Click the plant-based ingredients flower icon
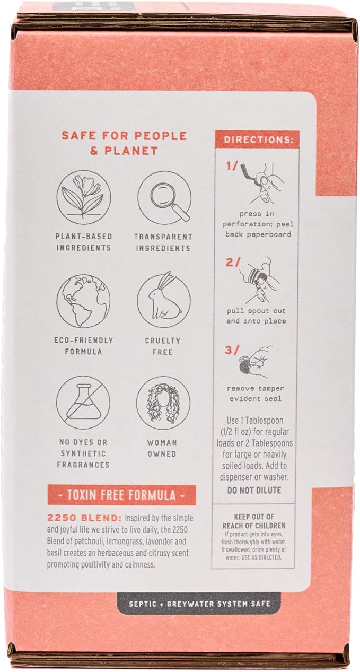pyautogui.click(x=84, y=197)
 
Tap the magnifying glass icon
pyautogui.click(x=164, y=197)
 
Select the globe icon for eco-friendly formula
pyautogui.click(x=83, y=301)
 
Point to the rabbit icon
pyautogui.click(x=164, y=301)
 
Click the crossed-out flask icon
pyautogui.click(x=83, y=404)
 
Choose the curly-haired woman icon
pyautogui.click(x=163, y=404)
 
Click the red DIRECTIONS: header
pyautogui.click(x=257, y=139)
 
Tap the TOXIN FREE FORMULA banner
pyautogui.click(x=121, y=495)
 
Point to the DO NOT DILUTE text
pyautogui.click(x=254, y=491)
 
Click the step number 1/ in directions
pyautogui.click(x=231, y=166)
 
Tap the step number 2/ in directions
pyautogui.click(x=233, y=263)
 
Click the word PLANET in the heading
pyautogui.click(x=131, y=151)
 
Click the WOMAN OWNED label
pyautogui.click(x=162, y=448)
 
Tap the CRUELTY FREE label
pyautogui.click(x=163, y=346)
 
